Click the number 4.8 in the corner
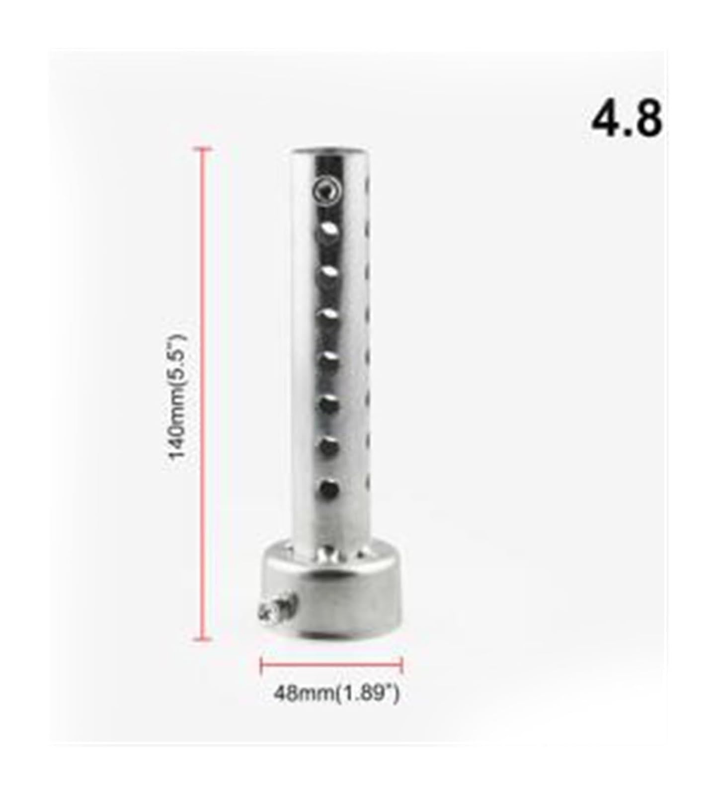tap(626, 119)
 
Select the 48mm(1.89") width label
tap(336, 693)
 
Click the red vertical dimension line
tap(202, 394)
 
